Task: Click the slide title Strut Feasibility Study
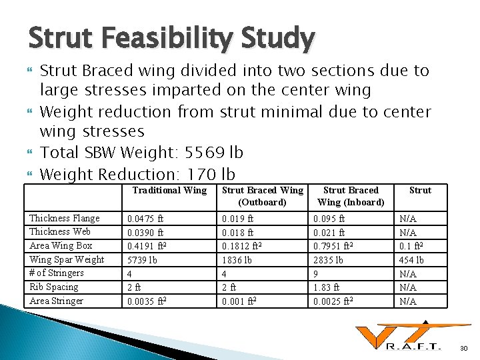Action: pyautogui.click(x=171, y=39)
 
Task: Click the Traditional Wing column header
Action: pyautogui.click(x=169, y=191)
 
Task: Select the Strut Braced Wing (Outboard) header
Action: pyautogui.click(x=262, y=196)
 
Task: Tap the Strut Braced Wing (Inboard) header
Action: pyautogui.click(x=351, y=196)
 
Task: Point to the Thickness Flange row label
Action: pyautogui.click(x=64, y=219)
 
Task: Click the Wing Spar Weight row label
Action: pyautogui.click(x=67, y=260)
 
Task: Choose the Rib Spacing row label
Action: pyautogui.click(x=54, y=287)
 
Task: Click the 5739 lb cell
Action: pyautogui.click(x=143, y=260)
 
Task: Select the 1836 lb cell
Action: pyautogui.click(x=237, y=260)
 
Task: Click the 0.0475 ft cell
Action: pyautogui.click(x=146, y=219)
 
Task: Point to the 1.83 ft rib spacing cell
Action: pyautogui.click(x=327, y=287)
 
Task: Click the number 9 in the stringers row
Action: pyautogui.click(x=316, y=273)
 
